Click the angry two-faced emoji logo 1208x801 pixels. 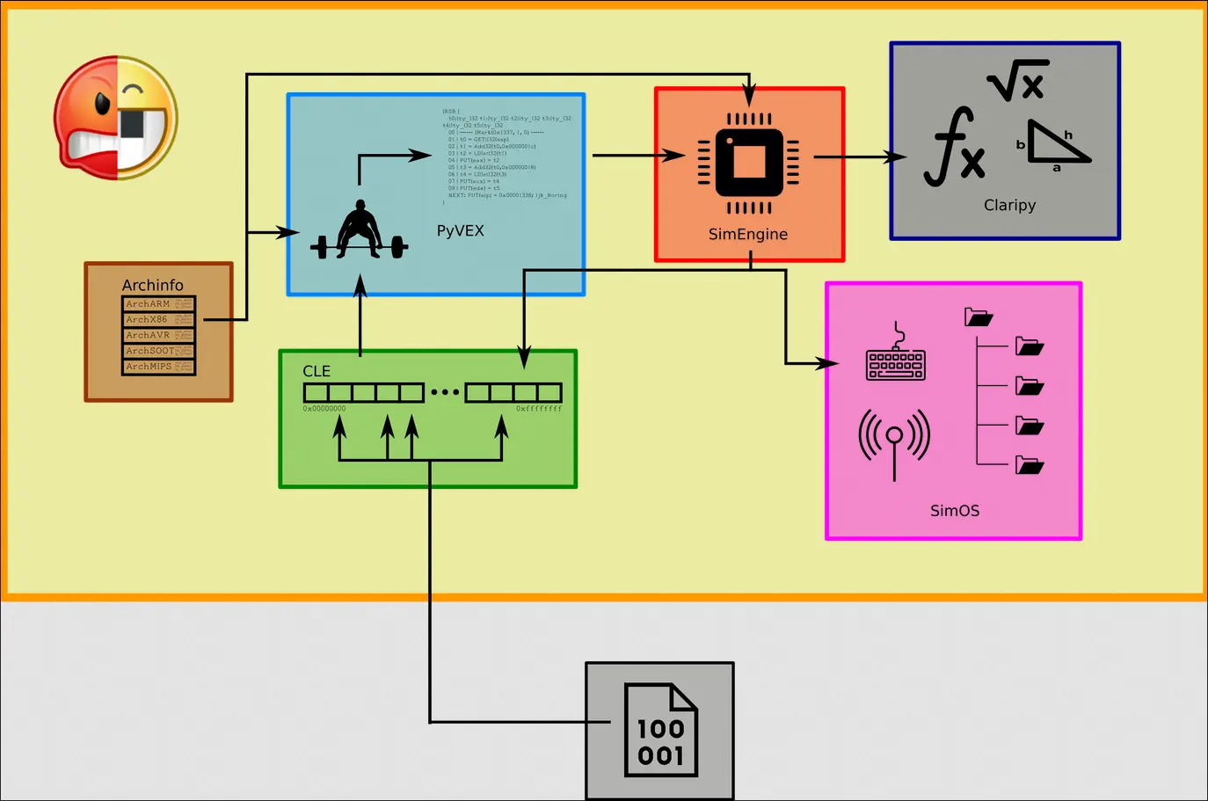115,118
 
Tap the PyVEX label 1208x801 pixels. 460,230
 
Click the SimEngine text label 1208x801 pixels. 748,234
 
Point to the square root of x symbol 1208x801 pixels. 1017,81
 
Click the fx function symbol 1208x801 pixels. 955,147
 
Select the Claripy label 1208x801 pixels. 1009,205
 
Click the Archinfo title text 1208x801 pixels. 153,285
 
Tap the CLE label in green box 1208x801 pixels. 317,371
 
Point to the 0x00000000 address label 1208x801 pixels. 324,409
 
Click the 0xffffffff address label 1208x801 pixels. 538,409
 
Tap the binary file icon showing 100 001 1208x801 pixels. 660,731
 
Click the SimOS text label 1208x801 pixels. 955,511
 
